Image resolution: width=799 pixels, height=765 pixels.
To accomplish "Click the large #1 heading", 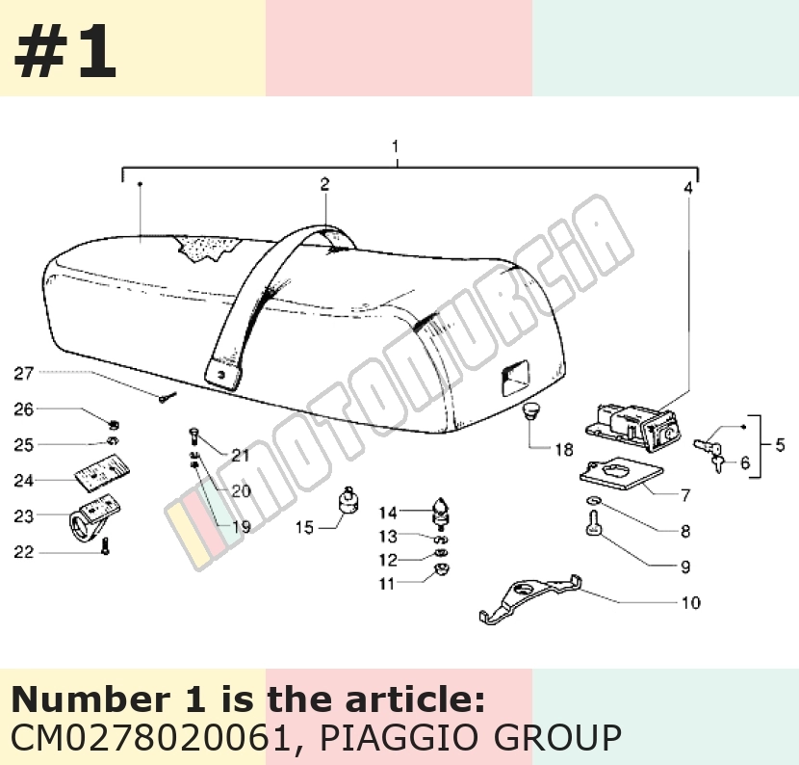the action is click(65, 52).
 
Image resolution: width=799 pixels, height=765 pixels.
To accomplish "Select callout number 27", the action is click(23, 374).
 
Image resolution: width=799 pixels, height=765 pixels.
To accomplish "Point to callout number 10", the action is click(691, 603).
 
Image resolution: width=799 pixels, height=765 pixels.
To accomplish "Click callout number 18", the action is click(564, 450).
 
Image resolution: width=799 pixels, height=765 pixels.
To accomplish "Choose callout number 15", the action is click(305, 527).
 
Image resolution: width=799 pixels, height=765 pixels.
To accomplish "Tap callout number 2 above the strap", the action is click(325, 184).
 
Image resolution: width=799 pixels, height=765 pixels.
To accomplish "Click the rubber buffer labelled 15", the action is click(348, 500).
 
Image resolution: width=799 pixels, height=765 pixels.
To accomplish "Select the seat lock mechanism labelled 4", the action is click(633, 428).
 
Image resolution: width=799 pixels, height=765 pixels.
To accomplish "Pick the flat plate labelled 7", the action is click(621, 473).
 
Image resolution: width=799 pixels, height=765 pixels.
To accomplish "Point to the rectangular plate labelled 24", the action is click(102, 473).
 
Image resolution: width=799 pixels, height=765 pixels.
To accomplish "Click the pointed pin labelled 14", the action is click(440, 514).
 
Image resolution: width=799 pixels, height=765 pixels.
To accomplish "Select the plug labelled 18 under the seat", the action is click(530, 411).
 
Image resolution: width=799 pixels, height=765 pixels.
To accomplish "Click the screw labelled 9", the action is click(593, 524).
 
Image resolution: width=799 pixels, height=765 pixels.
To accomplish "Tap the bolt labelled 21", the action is click(193, 436).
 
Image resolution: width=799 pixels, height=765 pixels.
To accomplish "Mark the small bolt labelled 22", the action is click(106, 546).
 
